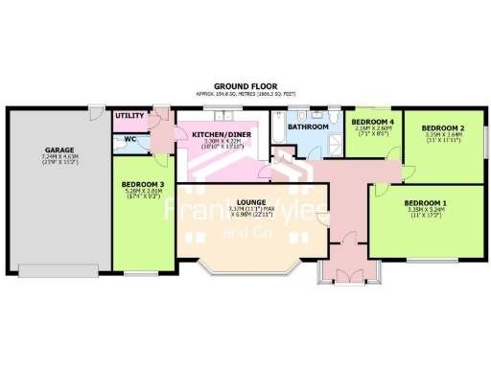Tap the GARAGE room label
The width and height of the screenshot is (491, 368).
(60, 149)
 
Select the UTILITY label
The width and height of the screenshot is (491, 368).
(129, 116)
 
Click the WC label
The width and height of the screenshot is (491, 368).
(129, 138)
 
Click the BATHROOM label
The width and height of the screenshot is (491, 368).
(308, 126)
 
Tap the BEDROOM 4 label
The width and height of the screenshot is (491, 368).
(372, 123)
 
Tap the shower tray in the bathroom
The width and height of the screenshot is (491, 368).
(335, 144)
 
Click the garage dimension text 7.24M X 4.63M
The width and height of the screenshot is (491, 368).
(60, 156)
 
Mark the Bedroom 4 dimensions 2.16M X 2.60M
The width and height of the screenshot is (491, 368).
(372, 129)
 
